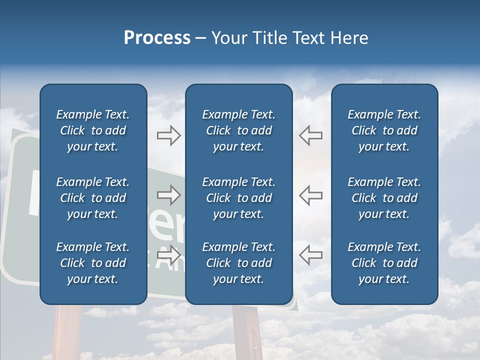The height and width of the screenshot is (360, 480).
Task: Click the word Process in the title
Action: [157, 38]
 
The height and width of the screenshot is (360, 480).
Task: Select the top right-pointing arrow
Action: [169, 136]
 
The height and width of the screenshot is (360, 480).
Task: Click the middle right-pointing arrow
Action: [169, 195]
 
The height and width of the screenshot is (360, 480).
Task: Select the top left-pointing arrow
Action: [310, 136]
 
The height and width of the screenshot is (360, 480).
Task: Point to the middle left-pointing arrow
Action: [310, 195]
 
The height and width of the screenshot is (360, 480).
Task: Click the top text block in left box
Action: [93, 130]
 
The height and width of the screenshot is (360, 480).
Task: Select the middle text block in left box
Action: [93, 198]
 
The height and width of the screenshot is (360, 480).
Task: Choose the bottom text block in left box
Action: [93, 263]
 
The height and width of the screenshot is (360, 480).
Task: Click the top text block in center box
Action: [238, 130]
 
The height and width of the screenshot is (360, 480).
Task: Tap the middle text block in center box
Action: [238, 198]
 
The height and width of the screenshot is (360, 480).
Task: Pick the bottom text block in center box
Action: [238, 263]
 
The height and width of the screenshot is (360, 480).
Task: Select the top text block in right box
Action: [384, 130]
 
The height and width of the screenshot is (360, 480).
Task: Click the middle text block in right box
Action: [384, 198]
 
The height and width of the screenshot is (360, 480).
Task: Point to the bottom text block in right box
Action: [384, 263]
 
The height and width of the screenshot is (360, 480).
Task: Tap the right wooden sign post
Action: [247, 332]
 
